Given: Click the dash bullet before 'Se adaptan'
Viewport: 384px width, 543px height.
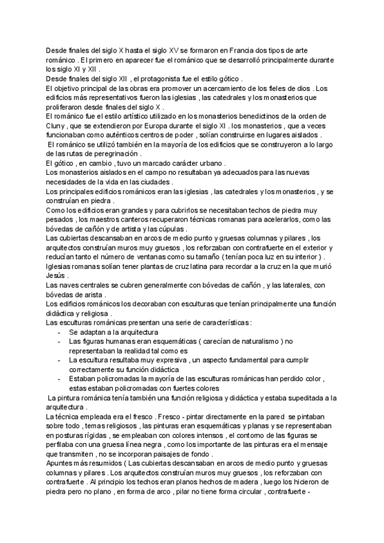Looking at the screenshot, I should (x=60, y=332).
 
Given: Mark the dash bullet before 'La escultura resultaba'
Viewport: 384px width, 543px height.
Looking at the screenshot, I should (x=60, y=361).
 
